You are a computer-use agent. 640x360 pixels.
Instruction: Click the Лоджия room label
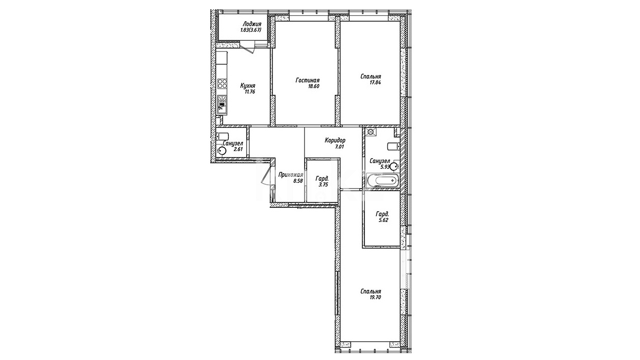(252, 24)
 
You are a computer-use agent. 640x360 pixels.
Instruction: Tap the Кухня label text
(248, 86)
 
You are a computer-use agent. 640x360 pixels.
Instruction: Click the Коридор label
(335, 140)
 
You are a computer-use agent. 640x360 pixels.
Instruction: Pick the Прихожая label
(290, 175)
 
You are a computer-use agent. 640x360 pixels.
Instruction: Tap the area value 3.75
(323, 185)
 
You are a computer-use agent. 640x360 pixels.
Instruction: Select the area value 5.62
(383, 221)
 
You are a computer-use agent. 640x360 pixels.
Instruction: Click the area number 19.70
(374, 298)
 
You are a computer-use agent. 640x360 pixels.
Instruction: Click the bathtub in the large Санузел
(382, 181)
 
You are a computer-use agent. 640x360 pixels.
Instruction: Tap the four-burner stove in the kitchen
(223, 84)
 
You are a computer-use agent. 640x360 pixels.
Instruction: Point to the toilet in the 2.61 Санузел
(223, 136)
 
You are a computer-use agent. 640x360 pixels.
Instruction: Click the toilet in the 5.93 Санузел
(393, 146)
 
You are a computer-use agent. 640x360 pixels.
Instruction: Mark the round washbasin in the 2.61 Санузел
(222, 151)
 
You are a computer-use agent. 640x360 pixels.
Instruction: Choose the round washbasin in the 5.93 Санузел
(394, 166)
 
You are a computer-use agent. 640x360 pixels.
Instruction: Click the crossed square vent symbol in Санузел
(370, 132)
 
